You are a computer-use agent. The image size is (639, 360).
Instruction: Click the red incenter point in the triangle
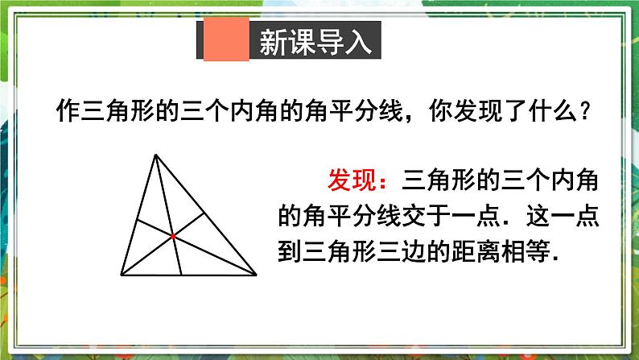pyautogui.click(x=173, y=236)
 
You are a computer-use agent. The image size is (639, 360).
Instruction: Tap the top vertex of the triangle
pyautogui.click(x=154, y=156)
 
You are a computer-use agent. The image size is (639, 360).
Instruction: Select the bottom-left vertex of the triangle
pyautogui.click(x=122, y=275)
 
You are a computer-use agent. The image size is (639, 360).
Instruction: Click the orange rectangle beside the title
pyautogui.click(x=225, y=42)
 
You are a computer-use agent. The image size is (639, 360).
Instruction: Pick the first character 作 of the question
pyautogui.click(x=70, y=110)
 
